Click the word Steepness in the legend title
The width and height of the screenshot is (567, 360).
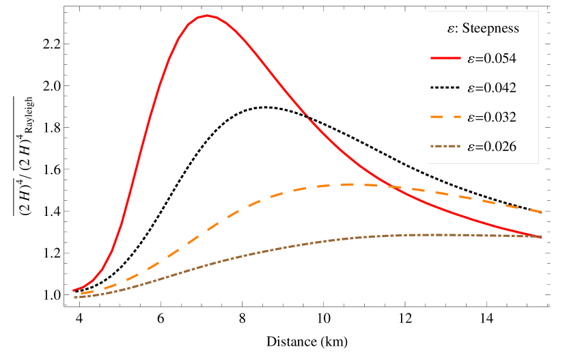click(490, 29)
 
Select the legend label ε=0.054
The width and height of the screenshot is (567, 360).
click(491, 59)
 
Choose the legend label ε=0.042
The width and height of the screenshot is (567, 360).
click(491, 88)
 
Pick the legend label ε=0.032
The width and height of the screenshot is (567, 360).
click(491, 117)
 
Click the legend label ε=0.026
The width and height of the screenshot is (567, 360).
click(491, 147)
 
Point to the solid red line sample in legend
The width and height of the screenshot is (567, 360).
click(447, 59)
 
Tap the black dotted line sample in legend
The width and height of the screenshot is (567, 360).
click(447, 88)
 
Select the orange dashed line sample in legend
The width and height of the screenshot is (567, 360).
click(447, 117)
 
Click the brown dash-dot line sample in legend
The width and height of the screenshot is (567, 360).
click(447, 147)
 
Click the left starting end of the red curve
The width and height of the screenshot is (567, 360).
click(73, 291)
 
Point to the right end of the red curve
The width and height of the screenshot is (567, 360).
click(542, 237)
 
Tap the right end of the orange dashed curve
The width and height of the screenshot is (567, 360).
click(542, 212)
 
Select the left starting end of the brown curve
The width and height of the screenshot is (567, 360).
click(73, 298)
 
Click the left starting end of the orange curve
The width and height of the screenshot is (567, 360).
click(74, 294)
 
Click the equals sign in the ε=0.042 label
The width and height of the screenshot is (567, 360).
click(479, 88)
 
